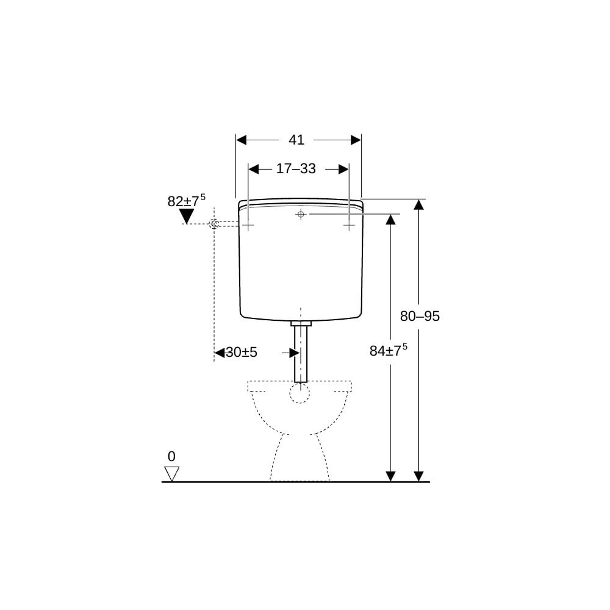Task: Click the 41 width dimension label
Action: click(296, 140)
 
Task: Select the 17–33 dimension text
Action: click(296, 169)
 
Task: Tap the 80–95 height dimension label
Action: click(420, 316)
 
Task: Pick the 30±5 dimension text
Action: click(242, 353)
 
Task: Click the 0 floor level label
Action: click(171, 456)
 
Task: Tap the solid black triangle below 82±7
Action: click(187, 216)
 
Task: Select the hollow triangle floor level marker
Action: click(171, 473)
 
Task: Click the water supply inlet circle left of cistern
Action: click(214, 224)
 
